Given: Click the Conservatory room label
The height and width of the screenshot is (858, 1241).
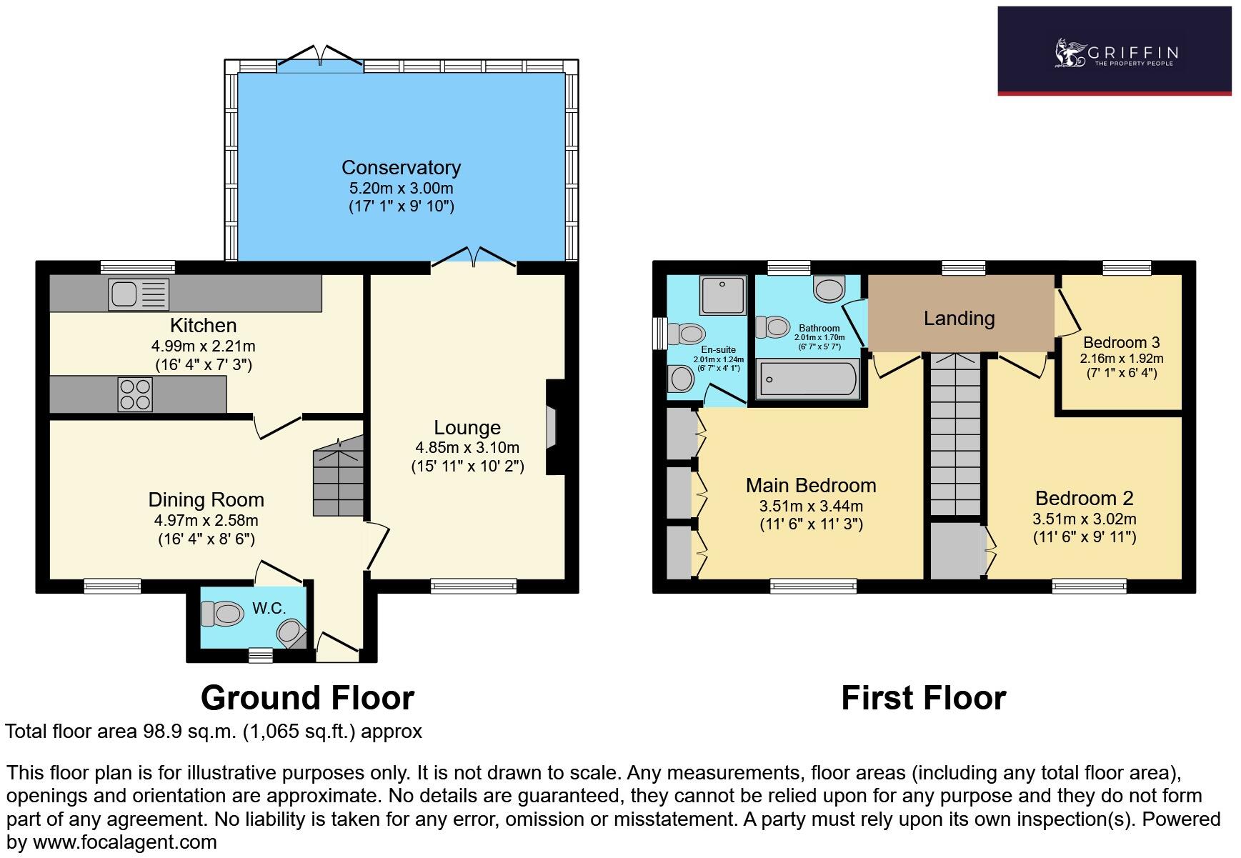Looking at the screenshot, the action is click(401, 168).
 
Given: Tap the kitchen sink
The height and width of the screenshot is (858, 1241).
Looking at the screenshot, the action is click(139, 294).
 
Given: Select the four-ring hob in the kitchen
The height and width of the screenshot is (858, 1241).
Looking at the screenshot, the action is click(135, 394).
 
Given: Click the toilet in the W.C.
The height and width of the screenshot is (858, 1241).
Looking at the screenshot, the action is click(221, 613).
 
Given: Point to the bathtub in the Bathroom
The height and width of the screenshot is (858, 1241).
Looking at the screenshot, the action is click(807, 379).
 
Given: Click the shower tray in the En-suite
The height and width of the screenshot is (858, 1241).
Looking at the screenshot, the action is click(723, 295).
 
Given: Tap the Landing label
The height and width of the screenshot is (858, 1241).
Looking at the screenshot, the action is click(959, 318).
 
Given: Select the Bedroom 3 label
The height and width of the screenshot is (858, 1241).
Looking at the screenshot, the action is click(1121, 342).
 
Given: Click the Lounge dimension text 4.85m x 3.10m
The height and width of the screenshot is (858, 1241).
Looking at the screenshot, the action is click(467, 448).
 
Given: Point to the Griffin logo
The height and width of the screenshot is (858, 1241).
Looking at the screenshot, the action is click(1114, 52).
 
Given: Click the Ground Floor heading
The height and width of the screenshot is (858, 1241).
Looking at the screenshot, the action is click(307, 698).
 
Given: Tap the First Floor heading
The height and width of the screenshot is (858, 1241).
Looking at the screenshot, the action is click(923, 698).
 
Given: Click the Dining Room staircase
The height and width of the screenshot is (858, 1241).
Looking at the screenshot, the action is click(339, 477).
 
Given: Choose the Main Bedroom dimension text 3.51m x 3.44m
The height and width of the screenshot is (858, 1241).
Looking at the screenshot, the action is click(811, 507).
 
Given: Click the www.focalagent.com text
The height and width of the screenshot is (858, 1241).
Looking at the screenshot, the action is click(125, 842).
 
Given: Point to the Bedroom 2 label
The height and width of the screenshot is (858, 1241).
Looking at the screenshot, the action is click(1084, 498).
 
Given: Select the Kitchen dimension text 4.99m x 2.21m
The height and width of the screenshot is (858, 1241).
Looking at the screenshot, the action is click(203, 346).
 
